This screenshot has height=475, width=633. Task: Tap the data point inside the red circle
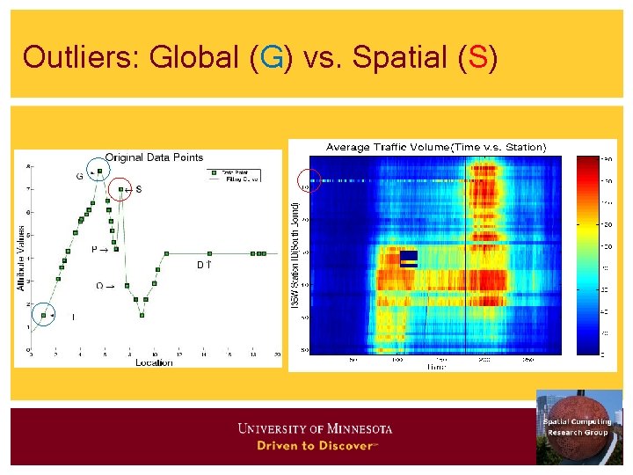click(x=121, y=189)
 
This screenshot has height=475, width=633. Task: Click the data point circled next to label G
click(x=99, y=172)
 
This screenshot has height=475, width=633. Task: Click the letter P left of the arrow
click(x=95, y=250)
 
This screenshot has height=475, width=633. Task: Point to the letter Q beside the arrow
click(x=99, y=285)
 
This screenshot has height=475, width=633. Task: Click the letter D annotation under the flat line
click(x=200, y=264)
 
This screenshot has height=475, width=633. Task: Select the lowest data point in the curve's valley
click(x=142, y=314)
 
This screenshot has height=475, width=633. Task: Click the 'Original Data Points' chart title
click(x=154, y=157)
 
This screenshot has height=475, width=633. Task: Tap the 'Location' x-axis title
click(x=153, y=362)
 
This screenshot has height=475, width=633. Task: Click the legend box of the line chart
click(x=238, y=173)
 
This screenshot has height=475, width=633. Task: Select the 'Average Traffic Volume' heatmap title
click(x=436, y=146)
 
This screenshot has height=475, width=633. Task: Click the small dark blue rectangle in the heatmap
click(x=409, y=259)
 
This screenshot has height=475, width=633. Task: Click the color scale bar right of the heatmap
click(x=586, y=256)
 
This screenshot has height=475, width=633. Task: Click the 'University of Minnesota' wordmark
click(x=315, y=428)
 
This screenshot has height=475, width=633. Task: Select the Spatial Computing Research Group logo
click(x=578, y=427)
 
